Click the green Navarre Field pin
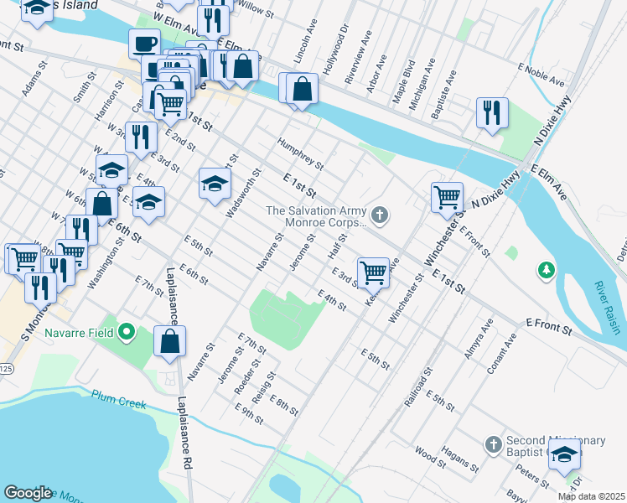tap(127, 333)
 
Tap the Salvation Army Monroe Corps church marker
tap(380, 216)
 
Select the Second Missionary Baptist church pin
tap(493, 442)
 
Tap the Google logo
tap(28, 493)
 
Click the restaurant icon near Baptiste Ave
tap(492, 112)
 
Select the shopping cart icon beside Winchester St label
tap(448, 197)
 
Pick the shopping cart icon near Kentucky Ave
tap(372, 272)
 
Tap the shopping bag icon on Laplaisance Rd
tap(169, 340)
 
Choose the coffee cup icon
tap(144, 44)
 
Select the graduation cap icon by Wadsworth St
tap(215, 184)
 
